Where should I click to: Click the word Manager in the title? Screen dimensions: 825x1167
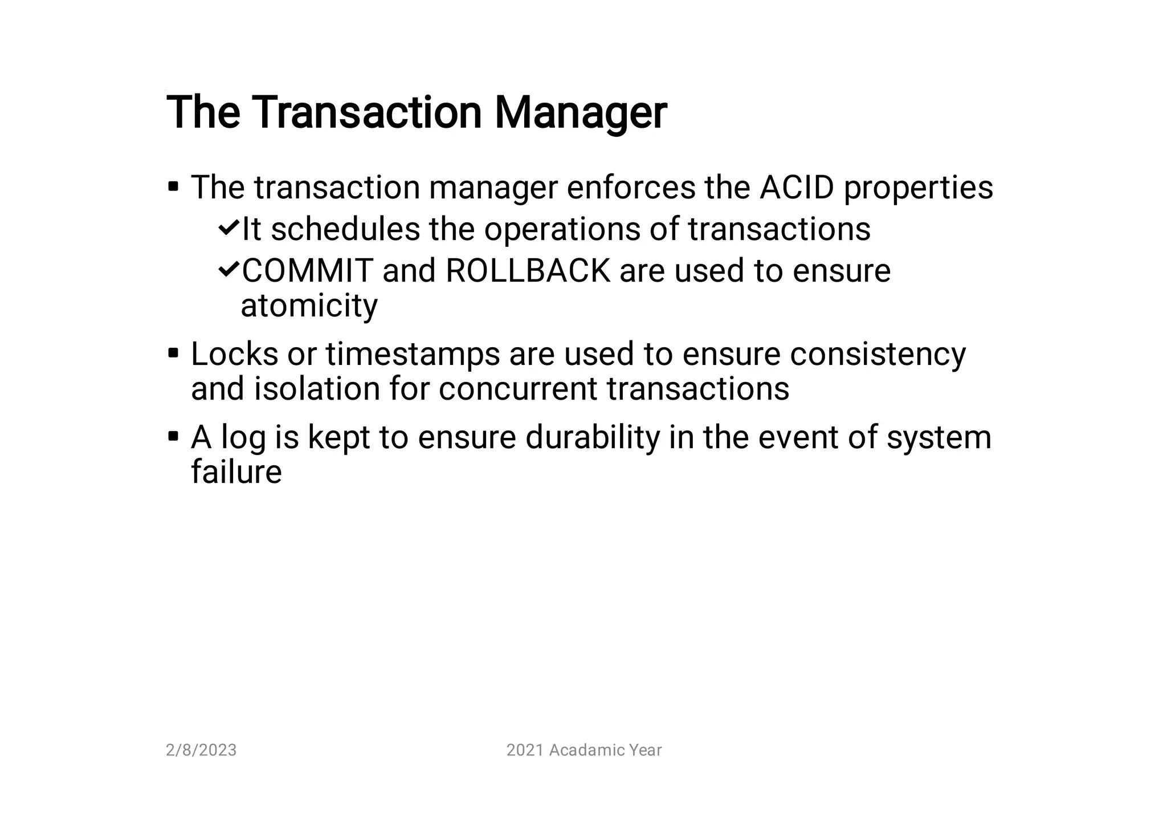pyautogui.click(x=580, y=113)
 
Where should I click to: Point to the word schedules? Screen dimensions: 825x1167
pyautogui.click(x=345, y=229)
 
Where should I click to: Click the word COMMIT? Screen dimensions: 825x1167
pyautogui.click(x=307, y=271)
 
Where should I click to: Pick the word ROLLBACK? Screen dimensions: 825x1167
pyautogui.click(x=528, y=271)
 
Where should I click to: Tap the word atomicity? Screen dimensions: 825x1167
pyautogui.click(x=309, y=306)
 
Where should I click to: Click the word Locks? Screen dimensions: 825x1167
pyautogui.click(x=234, y=354)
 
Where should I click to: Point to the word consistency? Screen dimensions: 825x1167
pyautogui.click(x=878, y=354)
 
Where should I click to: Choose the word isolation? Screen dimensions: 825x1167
pyautogui.click(x=317, y=389)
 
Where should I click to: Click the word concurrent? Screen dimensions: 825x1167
pyautogui.click(x=517, y=389)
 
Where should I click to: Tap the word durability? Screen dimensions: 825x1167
pyautogui.click(x=592, y=437)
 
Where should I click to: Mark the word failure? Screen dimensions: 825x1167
pyautogui.click(x=236, y=472)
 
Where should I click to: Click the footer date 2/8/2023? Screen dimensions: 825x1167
pyautogui.click(x=201, y=750)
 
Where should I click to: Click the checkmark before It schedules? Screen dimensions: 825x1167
pyautogui.click(x=228, y=229)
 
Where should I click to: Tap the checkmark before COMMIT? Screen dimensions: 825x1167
pyautogui.click(x=228, y=270)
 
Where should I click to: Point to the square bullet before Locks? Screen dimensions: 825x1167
pyautogui.click(x=174, y=353)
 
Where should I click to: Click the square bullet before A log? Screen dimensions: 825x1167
pyautogui.click(x=174, y=437)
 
